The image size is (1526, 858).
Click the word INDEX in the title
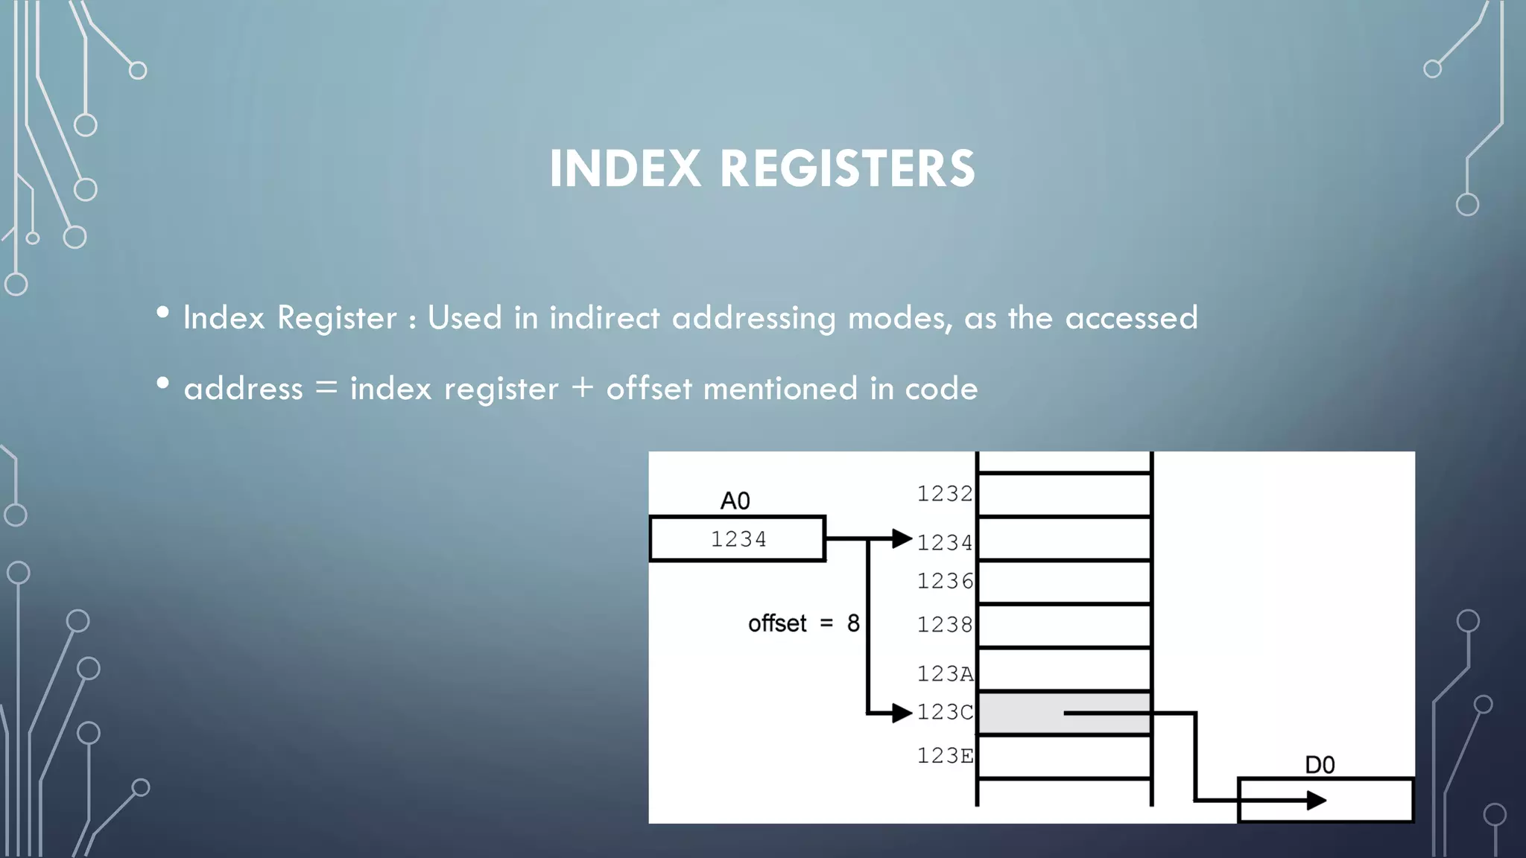pyautogui.click(x=624, y=168)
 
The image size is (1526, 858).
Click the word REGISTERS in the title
pyautogui.click(x=847, y=168)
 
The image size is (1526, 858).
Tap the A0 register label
pyautogui.click(x=735, y=501)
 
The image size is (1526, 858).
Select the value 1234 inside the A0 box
pyautogui.click(x=738, y=538)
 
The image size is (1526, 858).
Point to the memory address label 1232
pyautogui.click(x=944, y=494)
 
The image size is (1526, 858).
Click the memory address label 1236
pyautogui.click(x=944, y=581)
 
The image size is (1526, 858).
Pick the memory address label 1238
pyautogui.click(x=944, y=624)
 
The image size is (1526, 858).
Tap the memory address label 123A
pyautogui.click(x=944, y=674)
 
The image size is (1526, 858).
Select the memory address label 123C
pyautogui.click(x=944, y=713)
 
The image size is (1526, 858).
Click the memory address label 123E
pyautogui.click(x=944, y=756)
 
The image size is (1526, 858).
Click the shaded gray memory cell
pyautogui.click(x=1021, y=713)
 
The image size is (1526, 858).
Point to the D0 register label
pyautogui.click(x=1320, y=765)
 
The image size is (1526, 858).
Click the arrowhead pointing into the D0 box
pyautogui.click(x=1317, y=801)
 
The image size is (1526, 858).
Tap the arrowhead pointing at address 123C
pyautogui.click(x=902, y=713)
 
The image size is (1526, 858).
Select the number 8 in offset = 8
pyautogui.click(x=853, y=623)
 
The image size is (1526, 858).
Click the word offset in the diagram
pyautogui.click(x=777, y=623)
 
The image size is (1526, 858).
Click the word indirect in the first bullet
pyautogui.click(x=604, y=318)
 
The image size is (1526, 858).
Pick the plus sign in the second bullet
pyautogui.click(x=582, y=388)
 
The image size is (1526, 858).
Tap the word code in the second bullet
pyautogui.click(x=941, y=389)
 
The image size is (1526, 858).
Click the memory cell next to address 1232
pyautogui.click(x=1064, y=494)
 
